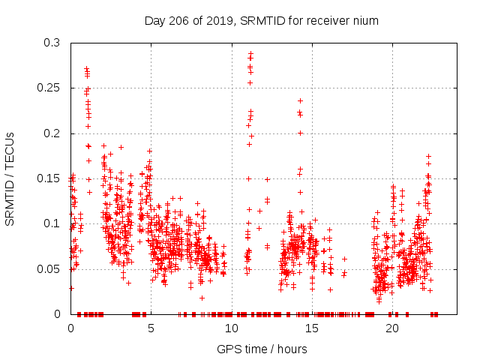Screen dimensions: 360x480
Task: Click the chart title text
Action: (x=261, y=21)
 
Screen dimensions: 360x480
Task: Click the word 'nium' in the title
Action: (x=366, y=21)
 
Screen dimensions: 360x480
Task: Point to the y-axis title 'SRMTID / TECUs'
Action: (x=10, y=178)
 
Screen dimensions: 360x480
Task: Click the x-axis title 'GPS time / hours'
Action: (x=262, y=349)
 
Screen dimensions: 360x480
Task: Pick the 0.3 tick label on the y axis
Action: (x=51, y=43)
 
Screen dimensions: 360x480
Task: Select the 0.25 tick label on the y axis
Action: (x=48, y=88)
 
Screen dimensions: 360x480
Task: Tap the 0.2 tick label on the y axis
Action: (x=51, y=133)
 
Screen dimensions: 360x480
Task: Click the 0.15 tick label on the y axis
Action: (x=48, y=178)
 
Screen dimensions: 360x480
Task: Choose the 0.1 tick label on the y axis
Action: (x=51, y=223)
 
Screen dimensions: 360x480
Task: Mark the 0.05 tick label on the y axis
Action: (x=48, y=268)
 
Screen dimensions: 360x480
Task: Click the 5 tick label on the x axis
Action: (x=151, y=328)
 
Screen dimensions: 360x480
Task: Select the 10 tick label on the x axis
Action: (x=231, y=328)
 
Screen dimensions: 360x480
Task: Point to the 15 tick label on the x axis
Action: (x=312, y=328)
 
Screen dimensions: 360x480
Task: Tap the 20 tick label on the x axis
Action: (x=392, y=328)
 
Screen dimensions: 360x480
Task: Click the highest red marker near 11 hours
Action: (x=250, y=53)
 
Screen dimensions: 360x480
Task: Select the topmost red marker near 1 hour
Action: (x=87, y=69)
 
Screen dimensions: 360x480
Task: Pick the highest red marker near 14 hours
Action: (x=300, y=100)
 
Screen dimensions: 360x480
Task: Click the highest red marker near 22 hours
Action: (x=428, y=156)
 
